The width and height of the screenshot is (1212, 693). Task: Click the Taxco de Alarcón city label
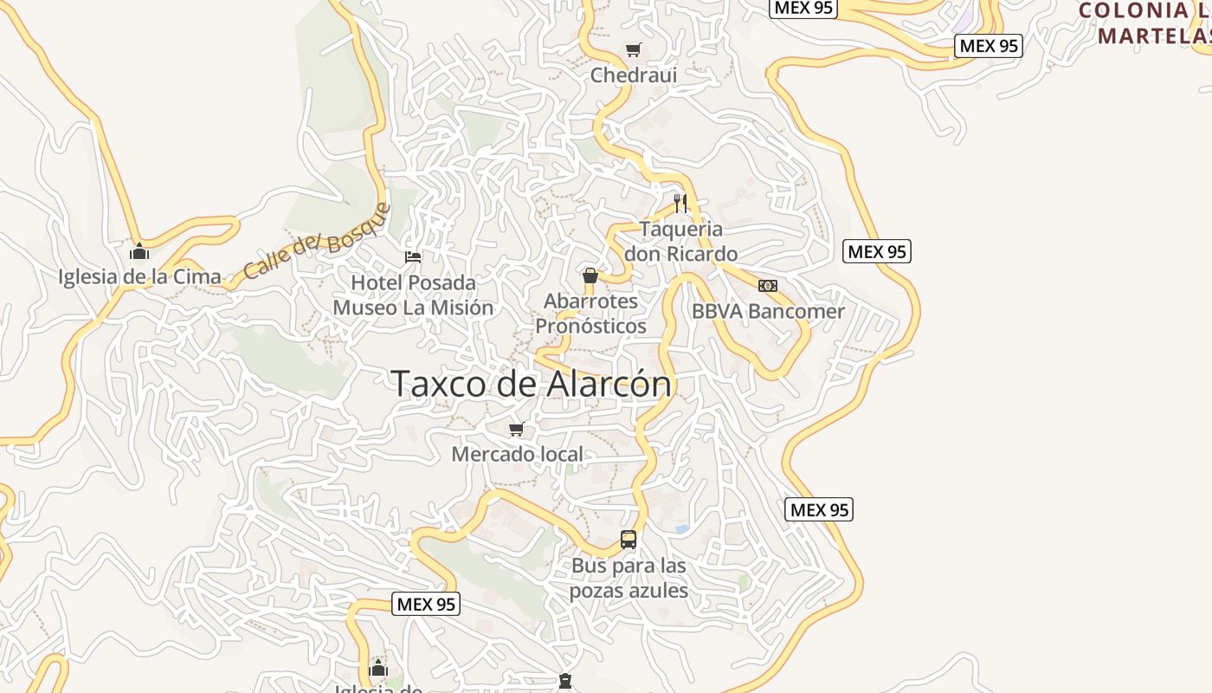coord(532,384)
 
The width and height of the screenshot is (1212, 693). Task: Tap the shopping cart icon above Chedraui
coord(634,50)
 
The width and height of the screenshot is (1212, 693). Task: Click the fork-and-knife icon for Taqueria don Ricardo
coord(680,204)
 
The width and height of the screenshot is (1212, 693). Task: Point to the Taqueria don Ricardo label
coord(680,242)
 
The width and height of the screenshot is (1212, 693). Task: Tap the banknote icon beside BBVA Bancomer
coord(768,286)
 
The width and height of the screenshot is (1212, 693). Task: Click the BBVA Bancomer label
coord(768,311)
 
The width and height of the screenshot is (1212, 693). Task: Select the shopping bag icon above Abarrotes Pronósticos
coord(590,276)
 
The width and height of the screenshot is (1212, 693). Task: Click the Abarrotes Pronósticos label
coord(590,314)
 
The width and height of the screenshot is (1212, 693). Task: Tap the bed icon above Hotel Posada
coord(413,257)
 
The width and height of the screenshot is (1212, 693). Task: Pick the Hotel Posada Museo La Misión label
coord(413,295)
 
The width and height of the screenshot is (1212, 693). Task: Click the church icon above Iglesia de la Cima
coord(139,252)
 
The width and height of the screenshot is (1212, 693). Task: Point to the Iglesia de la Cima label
coord(139,277)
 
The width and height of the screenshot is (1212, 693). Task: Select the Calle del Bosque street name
coord(317,242)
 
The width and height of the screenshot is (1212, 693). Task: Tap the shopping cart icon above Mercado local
coord(517,429)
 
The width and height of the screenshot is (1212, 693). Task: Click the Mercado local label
coord(517,454)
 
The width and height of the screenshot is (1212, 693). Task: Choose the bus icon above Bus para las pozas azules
coord(629,540)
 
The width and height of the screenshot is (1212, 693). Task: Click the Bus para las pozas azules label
coord(629,579)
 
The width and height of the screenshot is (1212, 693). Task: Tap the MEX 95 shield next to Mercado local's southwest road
coord(426,604)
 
